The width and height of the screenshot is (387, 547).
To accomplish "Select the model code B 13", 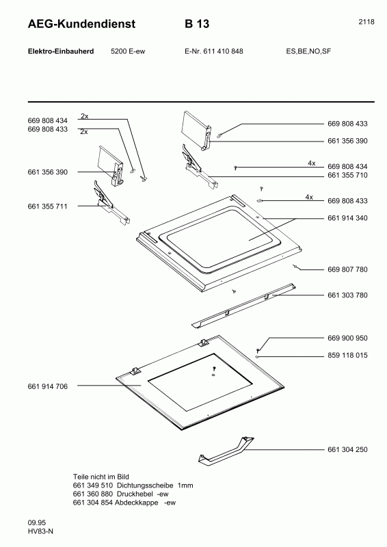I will (196, 25).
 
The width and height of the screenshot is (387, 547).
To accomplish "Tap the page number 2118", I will (366, 22).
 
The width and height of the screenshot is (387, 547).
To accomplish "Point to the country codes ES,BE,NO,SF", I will (308, 51).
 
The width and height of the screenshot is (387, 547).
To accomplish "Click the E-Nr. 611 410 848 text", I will (213, 51).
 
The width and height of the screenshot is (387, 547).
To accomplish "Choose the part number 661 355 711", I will (48, 206).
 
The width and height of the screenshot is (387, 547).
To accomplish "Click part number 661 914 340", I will (347, 218).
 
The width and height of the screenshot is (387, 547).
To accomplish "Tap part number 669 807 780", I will (347, 269).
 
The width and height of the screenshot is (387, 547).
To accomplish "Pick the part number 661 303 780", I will (347, 295).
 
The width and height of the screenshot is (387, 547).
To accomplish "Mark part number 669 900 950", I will (347, 338).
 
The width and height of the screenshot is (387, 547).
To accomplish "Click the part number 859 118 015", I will (347, 356).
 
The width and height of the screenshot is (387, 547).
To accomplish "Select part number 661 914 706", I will (48, 386).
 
